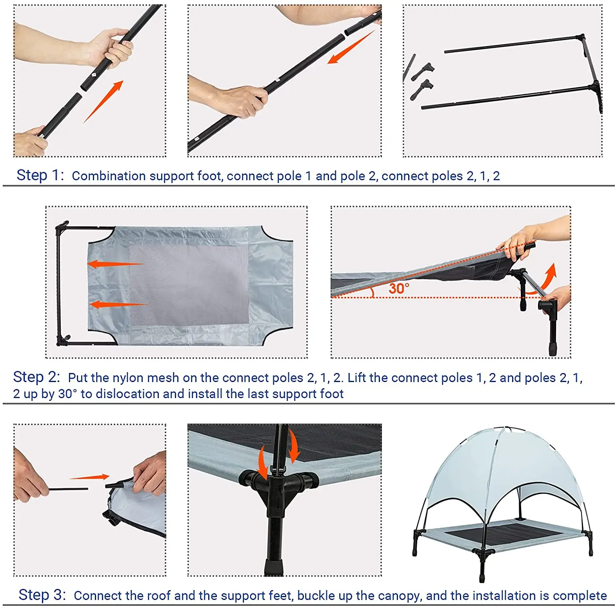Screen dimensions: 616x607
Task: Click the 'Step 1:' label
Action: [40, 175]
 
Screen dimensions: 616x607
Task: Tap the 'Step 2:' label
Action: [37, 377]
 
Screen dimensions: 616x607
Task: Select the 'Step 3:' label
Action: [42, 595]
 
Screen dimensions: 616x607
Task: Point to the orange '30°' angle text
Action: [399, 288]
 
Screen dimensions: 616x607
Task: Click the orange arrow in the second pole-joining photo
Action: [351, 47]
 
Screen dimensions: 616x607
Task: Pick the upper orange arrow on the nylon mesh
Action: [116, 264]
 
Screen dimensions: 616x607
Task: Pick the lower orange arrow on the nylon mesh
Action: [118, 305]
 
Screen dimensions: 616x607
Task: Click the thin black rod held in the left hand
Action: [68, 489]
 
